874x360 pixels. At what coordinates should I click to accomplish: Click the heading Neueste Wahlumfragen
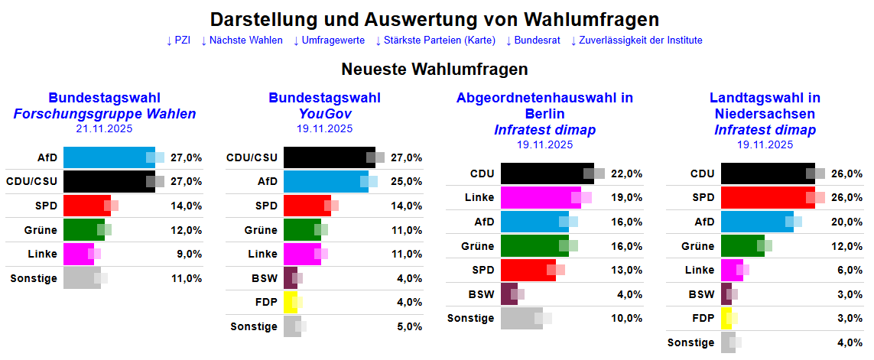pos(434,70)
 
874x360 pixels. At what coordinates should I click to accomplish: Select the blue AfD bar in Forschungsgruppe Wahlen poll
pos(109,157)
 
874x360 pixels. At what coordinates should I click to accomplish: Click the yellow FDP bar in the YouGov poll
pos(291,302)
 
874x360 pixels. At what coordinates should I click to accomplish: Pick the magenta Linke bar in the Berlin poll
pos(541,197)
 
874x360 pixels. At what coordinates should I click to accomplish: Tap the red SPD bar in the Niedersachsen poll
pos(768,197)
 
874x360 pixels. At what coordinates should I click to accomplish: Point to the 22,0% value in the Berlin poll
pos(627,174)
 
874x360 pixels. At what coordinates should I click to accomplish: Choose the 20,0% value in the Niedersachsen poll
pos(847,222)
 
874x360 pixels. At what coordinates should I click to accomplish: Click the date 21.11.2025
pos(104,128)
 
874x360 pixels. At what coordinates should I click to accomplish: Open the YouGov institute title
pos(324,114)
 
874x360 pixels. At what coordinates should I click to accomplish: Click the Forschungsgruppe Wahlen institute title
pos(104,114)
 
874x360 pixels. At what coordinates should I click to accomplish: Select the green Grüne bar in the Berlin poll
pos(534,246)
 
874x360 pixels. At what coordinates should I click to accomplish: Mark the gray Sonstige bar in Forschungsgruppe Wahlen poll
pos(82,278)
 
